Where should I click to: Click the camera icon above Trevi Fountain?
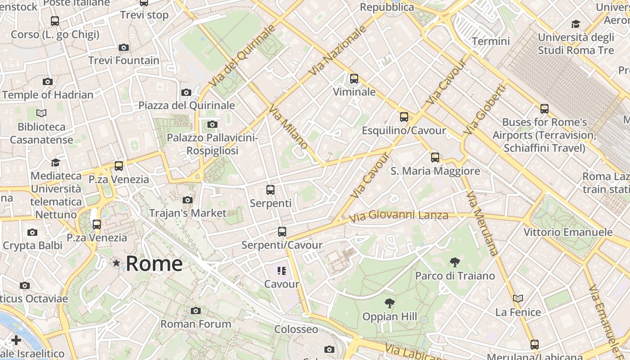point(124,47)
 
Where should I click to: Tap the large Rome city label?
point(154,264)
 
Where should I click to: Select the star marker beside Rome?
point(117,263)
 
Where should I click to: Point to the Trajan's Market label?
point(188,213)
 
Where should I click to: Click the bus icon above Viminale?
point(354,79)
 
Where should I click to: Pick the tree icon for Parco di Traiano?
point(455,262)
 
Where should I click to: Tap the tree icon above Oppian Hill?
point(390,303)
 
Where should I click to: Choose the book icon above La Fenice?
point(518,298)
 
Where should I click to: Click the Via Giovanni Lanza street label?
point(399,216)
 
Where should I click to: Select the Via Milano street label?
point(288,127)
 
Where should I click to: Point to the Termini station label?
point(491,41)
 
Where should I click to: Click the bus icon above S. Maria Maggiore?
point(435,157)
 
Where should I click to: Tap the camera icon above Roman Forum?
point(195,310)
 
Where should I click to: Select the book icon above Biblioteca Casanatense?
point(41,113)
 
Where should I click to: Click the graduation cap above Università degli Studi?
point(576,24)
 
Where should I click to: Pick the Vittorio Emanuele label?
point(568,232)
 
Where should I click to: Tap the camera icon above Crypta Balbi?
point(32,232)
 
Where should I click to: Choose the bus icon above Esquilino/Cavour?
point(404,117)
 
